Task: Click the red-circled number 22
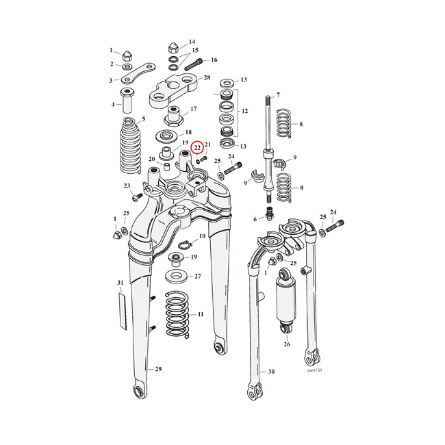coord(197,147)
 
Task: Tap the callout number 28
coord(207,79)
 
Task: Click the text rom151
coord(315,372)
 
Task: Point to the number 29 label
coord(158,370)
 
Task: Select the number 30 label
coord(271,372)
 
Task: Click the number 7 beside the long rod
coord(278,94)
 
